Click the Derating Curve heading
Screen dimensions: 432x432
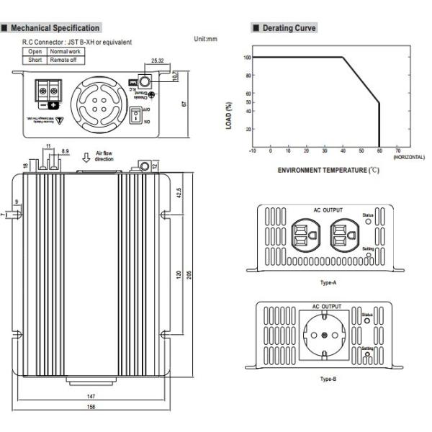point(287,28)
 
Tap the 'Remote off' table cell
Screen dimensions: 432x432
point(68,60)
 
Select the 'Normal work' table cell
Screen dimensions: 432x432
point(68,52)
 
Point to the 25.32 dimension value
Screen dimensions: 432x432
point(159,61)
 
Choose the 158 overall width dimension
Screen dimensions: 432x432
point(91,410)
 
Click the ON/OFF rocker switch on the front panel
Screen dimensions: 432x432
point(137,114)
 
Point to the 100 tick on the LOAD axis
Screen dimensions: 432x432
point(247,57)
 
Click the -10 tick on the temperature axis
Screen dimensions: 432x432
point(252,150)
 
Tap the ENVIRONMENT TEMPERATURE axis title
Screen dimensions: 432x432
point(328,170)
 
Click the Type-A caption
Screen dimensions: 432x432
point(328,283)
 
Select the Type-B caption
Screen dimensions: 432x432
point(328,377)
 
